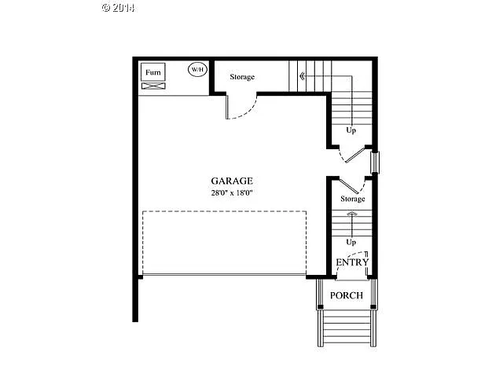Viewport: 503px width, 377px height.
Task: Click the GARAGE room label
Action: [x=231, y=180]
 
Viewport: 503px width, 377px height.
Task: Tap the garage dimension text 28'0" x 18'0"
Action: [x=231, y=192]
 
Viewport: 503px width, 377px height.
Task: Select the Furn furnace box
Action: [x=152, y=72]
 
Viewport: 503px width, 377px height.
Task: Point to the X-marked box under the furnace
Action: [x=152, y=85]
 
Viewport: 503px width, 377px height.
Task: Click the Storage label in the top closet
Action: [x=242, y=77]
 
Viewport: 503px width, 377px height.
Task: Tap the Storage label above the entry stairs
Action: [x=352, y=199]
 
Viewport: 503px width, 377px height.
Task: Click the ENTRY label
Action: [x=351, y=262]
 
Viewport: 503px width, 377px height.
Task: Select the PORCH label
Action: [x=346, y=295]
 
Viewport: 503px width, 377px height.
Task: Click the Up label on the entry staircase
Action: [x=351, y=243]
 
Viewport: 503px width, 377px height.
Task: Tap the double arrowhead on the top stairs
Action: [x=302, y=77]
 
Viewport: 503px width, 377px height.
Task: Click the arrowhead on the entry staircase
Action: [x=352, y=213]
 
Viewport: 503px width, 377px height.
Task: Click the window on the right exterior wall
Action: [x=375, y=161]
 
